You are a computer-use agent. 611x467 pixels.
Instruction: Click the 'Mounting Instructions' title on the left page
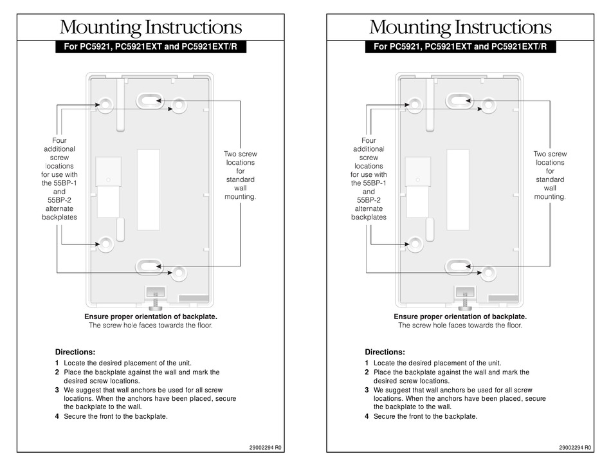tap(150, 28)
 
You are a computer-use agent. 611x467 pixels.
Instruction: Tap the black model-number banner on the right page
tap(461, 46)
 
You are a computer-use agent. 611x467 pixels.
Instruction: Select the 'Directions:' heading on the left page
tap(75, 352)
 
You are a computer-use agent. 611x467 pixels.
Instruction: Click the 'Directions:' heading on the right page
tap(385, 352)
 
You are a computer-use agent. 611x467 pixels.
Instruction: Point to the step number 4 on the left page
tap(57, 416)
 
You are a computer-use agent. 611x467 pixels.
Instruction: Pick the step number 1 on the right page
tap(367, 363)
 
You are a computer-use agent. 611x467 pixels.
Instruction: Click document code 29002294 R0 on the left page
tap(265, 447)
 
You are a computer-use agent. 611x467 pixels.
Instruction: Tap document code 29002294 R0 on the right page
tap(575, 447)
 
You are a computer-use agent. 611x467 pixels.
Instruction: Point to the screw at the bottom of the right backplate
tap(464, 299)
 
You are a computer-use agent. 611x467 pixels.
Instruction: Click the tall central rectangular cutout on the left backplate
tap(148, 190)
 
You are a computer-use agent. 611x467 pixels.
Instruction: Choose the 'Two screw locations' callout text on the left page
tap(240, 175)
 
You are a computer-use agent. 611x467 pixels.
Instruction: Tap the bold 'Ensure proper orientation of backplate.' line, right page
tap(460, 316)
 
